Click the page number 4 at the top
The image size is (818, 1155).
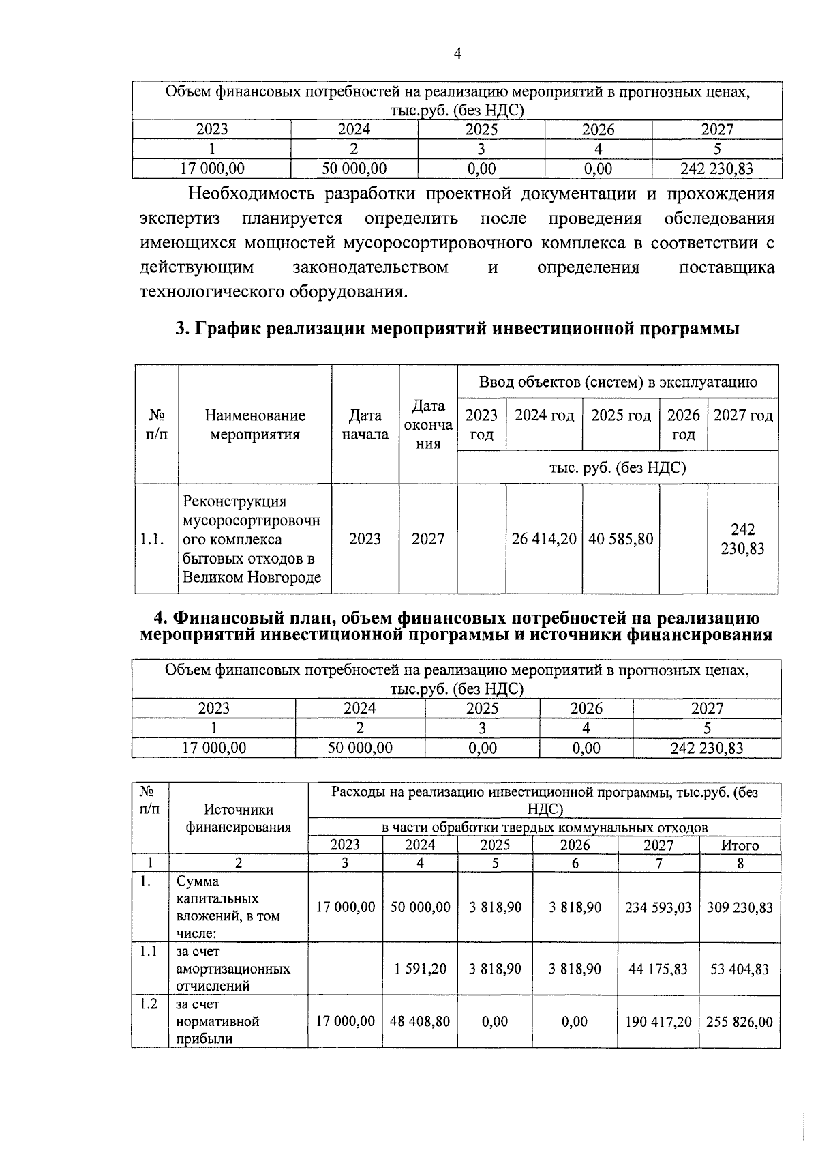tap(457, 54)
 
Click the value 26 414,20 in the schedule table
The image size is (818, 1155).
tap(544, 539)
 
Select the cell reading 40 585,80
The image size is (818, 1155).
tap(620, 539)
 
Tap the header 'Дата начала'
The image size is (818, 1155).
tap(365, 424)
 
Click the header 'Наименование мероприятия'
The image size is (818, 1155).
tap(255, 424)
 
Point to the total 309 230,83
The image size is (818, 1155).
tap(740, 907)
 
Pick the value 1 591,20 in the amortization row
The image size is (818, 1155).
tap(420, 969)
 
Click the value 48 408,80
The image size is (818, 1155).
tap(420, 1021)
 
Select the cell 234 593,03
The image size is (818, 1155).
tap(658, 907)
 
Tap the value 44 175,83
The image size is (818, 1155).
tap(658, 969)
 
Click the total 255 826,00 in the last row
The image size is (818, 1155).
tap(740, 1021)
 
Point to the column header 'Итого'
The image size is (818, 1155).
tap(740, 845)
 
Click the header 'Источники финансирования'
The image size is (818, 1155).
tap(238, 818)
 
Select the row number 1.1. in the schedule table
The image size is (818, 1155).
tap(152, 539)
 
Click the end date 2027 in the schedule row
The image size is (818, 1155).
tap(427, 539)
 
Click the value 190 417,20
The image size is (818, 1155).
tap(658, 1021)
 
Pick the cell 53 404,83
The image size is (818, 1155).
tap(740, 969)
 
